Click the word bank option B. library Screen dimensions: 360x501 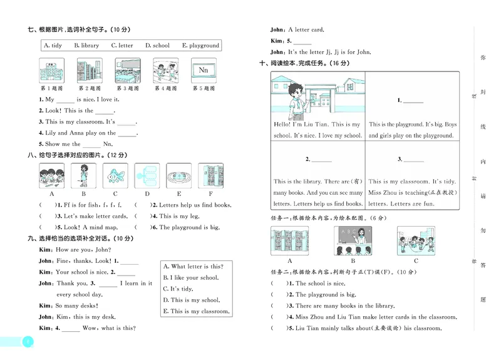click(x=86, y=46)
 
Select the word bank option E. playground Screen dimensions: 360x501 click(x=200, y=46)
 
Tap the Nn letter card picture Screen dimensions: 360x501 click(x=203, y=71)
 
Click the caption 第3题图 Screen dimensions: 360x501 click(x=127, y=89)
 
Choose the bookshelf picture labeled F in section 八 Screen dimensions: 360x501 click(x=210, y=177)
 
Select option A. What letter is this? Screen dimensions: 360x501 click(x=192, y=267)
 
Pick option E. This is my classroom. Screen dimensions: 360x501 click(x=195, y=311)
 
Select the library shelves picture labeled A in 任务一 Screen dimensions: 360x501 click(x=289, y=241)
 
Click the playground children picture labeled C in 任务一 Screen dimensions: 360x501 click(x=416, y=241)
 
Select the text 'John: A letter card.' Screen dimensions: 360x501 click(x=297, y=29)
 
